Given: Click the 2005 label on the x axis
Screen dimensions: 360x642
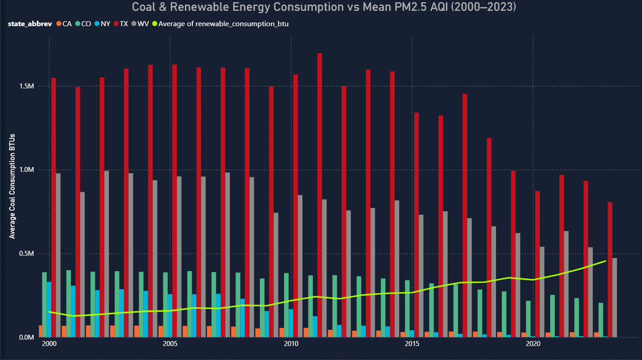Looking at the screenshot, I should click(170, 345).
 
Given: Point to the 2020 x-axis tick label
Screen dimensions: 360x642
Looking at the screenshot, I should click(533, 345).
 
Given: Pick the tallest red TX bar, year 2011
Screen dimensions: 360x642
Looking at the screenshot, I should click(320, 196).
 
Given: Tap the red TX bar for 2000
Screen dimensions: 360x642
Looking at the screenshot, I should click(53, 208).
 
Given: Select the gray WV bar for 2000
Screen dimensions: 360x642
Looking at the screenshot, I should click(58, 255).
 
